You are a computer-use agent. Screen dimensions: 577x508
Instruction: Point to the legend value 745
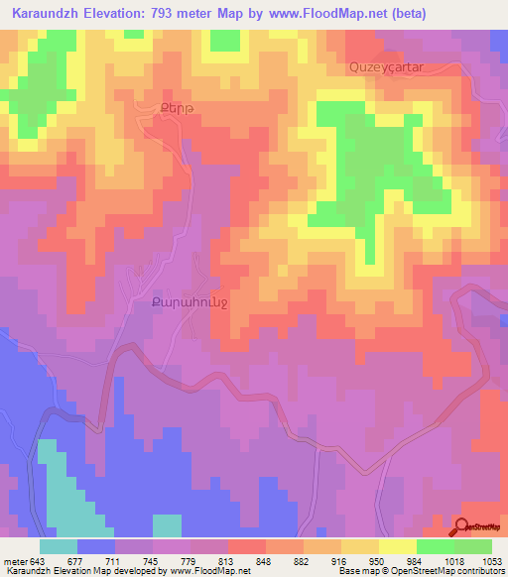tap(151, 561)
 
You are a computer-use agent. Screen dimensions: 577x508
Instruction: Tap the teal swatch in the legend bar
tap(59, 546)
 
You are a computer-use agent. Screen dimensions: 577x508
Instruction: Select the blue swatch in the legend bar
tap(96, 546)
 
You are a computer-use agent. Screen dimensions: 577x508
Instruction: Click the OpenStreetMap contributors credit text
tap(447, 572)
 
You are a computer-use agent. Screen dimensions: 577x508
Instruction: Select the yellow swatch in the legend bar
tap(359, 546)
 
